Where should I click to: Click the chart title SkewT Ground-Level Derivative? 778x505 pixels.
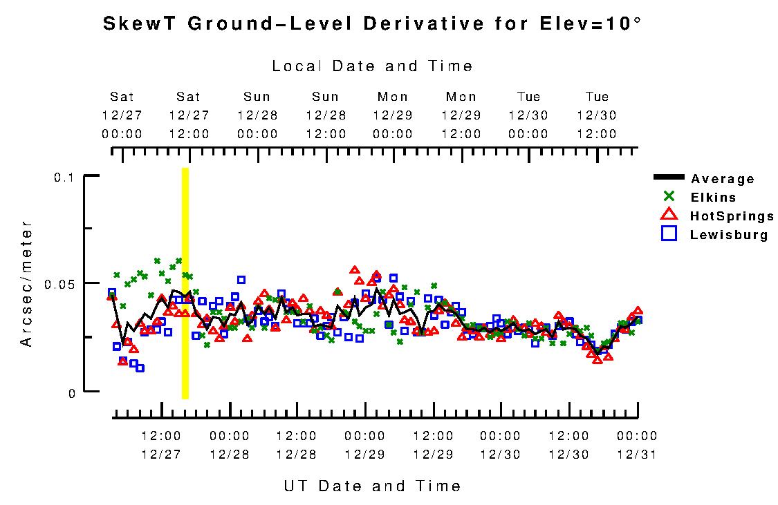(x=371, y=23)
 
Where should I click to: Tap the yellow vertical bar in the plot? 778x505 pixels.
(x=185, y=283)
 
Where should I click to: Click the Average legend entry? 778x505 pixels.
(x=722, y=179)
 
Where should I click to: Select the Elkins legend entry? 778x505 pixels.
(x=713, y=198)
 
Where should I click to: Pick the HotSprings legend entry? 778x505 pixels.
(x=732, y=216)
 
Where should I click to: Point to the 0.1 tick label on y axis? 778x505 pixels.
(x=64, y=177)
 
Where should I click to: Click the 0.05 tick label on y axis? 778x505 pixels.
(x=59, y=284)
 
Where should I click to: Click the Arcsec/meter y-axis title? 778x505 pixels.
(x=26, y=283)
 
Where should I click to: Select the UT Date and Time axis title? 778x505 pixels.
(x=372, y=486)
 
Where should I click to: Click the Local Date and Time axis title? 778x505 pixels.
(x=372, y=66)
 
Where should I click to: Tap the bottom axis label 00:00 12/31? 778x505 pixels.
(x=636, y=445)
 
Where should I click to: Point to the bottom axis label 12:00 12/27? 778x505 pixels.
(x=162, y=445)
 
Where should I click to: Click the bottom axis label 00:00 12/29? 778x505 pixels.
(x=365, y=445)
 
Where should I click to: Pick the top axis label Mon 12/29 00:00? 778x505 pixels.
(x=393, y=115)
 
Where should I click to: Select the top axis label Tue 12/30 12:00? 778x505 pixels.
(x=597, y=115)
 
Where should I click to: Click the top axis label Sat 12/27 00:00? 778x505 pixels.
(x=122, y=115)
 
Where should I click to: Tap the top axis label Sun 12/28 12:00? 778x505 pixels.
(x=325, y=115)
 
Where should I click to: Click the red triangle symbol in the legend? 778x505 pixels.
(x=669, y=216)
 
